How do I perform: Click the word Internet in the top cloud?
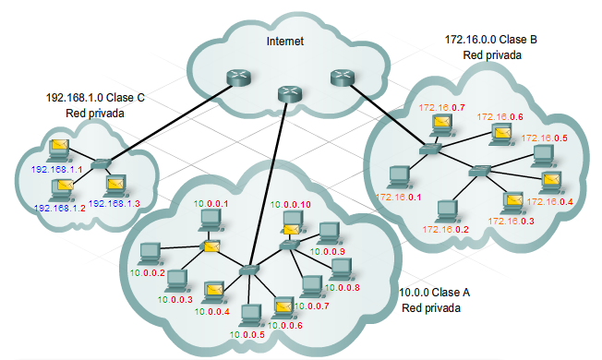285,42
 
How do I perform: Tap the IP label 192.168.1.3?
114,202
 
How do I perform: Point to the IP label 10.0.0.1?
209,202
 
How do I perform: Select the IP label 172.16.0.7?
441,108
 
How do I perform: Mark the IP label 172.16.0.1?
400,197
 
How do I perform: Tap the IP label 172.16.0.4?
553,202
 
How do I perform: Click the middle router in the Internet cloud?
290,92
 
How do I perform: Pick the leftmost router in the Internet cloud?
228,81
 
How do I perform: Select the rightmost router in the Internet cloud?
341,78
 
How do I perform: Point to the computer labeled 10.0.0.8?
340,269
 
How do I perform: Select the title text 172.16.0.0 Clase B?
491,41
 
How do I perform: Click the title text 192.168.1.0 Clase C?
95,97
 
